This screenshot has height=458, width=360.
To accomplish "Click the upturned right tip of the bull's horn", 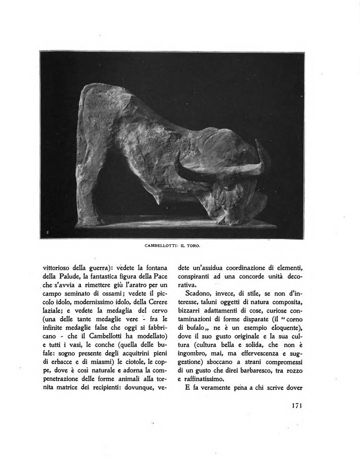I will coord(262,153).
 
